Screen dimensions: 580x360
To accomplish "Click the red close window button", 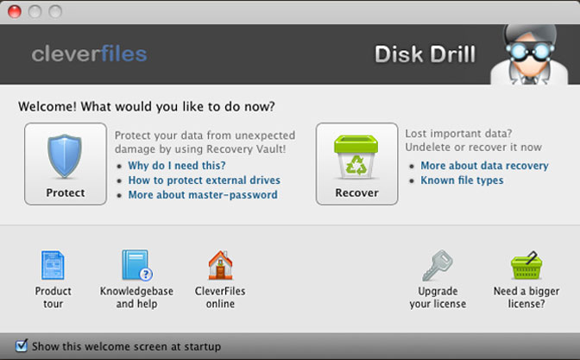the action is click(15, 11).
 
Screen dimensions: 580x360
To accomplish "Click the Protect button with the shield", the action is click(66, 164).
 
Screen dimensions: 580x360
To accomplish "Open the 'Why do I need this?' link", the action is click(176, 166).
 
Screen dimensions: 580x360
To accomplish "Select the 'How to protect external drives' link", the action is click(205, 180).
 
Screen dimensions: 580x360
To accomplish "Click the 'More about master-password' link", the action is click(203, 194).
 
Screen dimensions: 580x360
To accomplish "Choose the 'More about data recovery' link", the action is click(484, 166).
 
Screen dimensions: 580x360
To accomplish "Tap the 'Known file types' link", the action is click(462, 180).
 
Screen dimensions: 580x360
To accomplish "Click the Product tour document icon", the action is click(53, 265).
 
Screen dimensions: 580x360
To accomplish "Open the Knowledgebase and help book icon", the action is click(137, 265).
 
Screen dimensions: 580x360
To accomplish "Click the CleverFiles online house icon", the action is click(220, 265).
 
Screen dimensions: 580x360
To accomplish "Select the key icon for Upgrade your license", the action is click(438, 265).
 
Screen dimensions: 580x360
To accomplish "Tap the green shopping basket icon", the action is click(526, 265).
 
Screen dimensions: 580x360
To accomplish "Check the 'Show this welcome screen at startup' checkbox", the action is click(22, 346).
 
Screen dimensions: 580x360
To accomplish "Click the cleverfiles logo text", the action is click(89, 54).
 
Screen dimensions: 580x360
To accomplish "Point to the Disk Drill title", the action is click(425, 54).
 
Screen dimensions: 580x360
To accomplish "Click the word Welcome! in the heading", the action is click(47, 106).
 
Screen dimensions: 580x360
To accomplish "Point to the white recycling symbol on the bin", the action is click(356, 166).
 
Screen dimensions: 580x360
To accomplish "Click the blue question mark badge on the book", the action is click(146, 275).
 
